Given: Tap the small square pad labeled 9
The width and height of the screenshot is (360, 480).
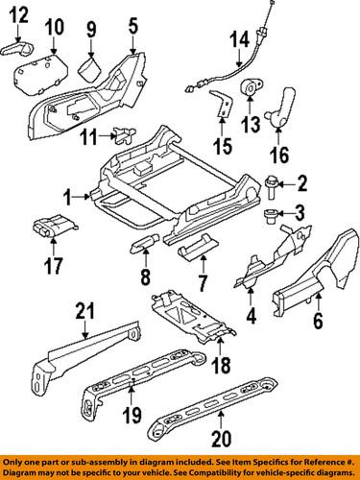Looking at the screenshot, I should click(x=91, y=68).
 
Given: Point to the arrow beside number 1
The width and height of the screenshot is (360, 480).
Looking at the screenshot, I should click(x=83, y=197).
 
